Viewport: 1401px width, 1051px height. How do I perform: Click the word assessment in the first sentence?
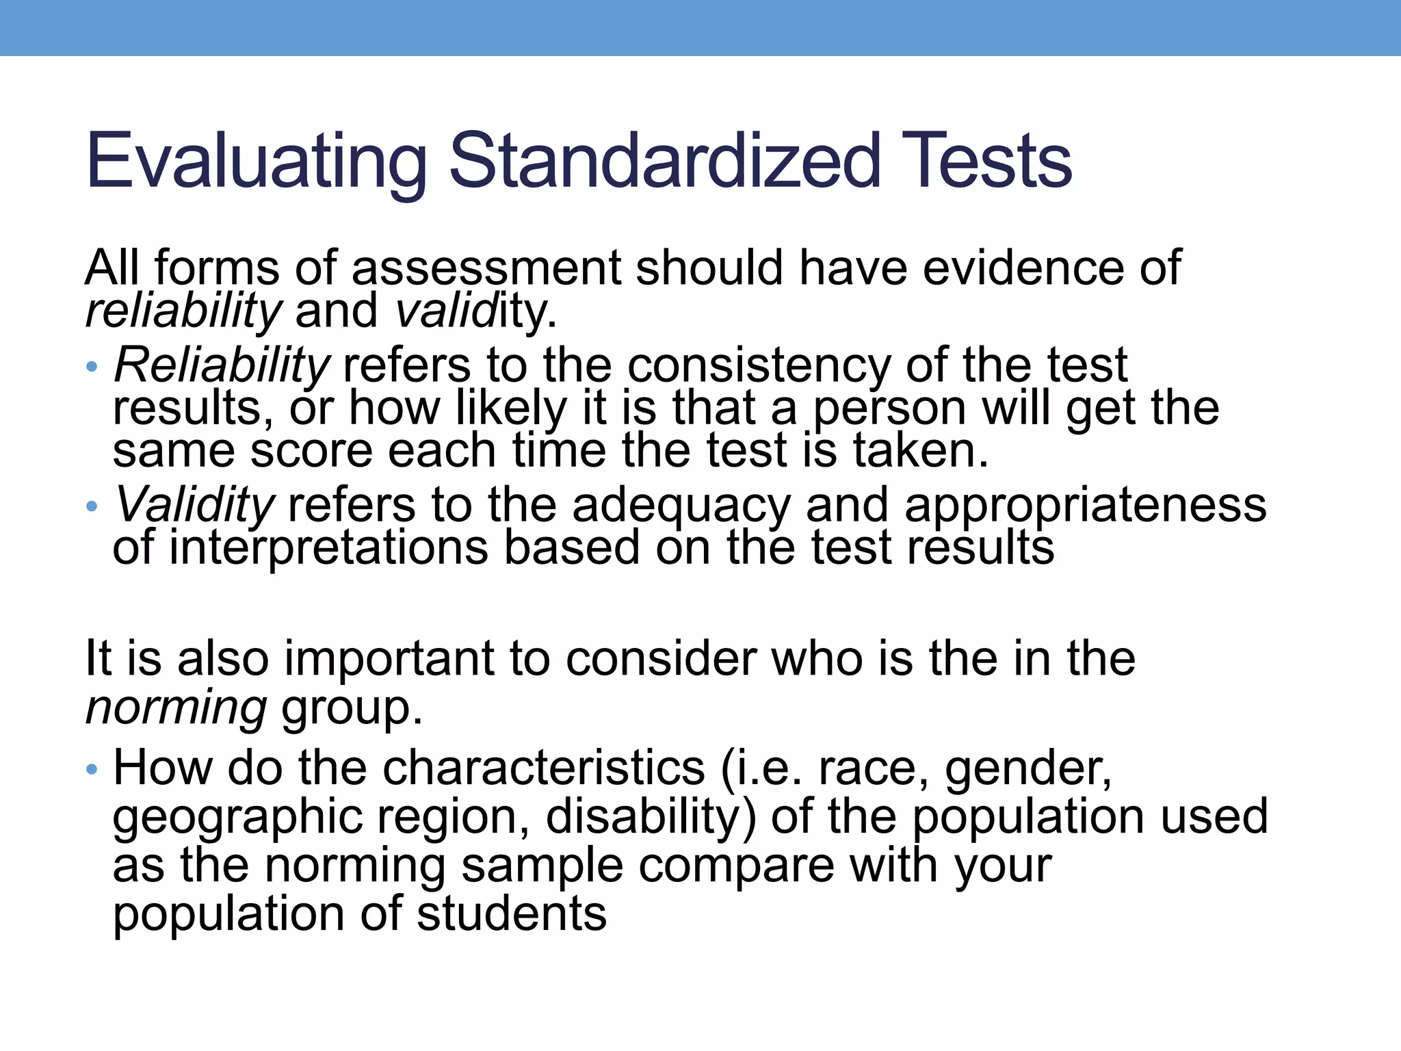(x=486, y=268)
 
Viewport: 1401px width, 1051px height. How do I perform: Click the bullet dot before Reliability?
(x=92, y=367)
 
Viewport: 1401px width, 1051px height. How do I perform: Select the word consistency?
(x=759, y=366)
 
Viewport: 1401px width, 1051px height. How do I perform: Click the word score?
(x=311, y=452)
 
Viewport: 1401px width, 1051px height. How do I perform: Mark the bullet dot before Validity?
(x=92, y=507)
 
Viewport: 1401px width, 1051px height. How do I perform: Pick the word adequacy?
(x=681, y=506)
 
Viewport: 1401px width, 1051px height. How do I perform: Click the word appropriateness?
(x=1086, y=506)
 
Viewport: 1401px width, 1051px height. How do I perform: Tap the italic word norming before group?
(x=176, y=708)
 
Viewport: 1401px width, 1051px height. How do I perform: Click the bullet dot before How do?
(x=92, y=770)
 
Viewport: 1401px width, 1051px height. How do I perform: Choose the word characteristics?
(x=543, y=768)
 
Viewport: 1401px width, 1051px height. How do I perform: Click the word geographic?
(x=237, y=818)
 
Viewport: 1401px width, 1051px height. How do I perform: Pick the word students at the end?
(x=512, y=914)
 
